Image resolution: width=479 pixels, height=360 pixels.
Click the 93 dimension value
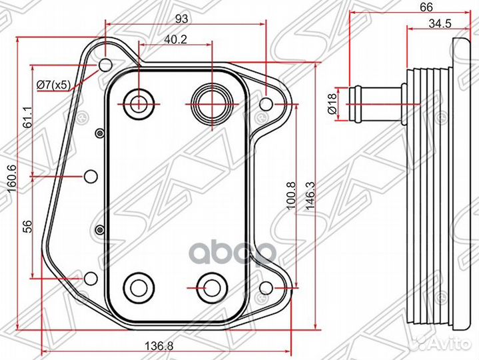pyautogui.click(x=182, y=19)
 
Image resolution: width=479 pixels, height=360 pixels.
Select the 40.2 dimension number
pyautogui.click(x=175, y=39)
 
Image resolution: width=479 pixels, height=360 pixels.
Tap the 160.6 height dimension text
pyautogui.click(x=12, y=179)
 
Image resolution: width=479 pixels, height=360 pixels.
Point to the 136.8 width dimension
pyautogui.click(x=159, y=346)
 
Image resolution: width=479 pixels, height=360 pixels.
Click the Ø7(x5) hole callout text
pyautogui.click(x=54, y=85)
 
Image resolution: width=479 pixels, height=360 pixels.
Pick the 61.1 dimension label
pyautogui.click(x=27, y=117)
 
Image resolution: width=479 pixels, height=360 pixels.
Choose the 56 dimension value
pyautogui.click(x=27, y=227)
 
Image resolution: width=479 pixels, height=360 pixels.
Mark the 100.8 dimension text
pyautogui.click(x=291, y=195)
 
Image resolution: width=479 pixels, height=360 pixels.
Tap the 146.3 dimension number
pyautogui.click(x=310, y=195)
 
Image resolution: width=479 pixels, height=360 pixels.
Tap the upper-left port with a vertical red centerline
pyautogui.click(x=139, y=104)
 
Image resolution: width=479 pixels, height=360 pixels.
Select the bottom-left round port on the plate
pyautogui.click(x=139, y=287)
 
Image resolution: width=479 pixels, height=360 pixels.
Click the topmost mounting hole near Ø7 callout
pyautogui.click(x=106, y=65)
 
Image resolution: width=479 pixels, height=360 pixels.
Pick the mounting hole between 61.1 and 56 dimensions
pyautogui.click(x=91, y=176)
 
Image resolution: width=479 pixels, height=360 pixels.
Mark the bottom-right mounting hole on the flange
pyautogui.click(x=266, y=288)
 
